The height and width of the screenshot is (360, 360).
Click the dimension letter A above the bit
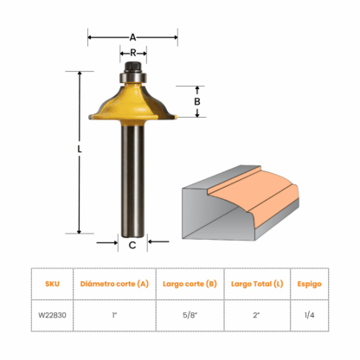[x=132, y=37]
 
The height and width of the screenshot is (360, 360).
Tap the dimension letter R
[x=133, y=53]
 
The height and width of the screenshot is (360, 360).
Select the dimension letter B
[x=197, y=101]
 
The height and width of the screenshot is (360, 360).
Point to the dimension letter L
[x=80, y=149]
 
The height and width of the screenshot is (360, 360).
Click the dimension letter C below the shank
[x=132, y=245]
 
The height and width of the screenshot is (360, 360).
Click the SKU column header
[x=52, y=284]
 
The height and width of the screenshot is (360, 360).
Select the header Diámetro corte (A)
[x=114, y=284]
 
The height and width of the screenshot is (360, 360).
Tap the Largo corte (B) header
[x=190, y=284]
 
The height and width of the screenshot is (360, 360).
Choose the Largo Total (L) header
[x=257, y=284]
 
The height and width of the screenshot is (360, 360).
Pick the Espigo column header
[x=309, y=284]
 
